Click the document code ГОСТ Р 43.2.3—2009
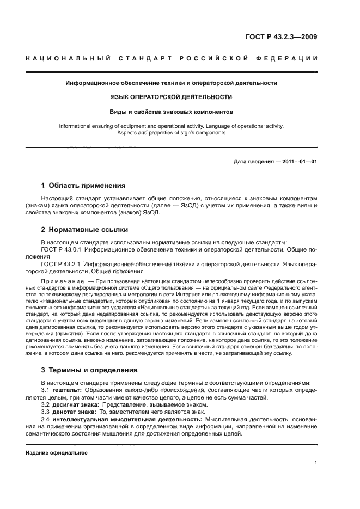[x=280, y=37]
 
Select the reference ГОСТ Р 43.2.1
[x=60, y=263]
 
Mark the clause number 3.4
[x=46, y=419]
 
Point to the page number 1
[x=316, y=463]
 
